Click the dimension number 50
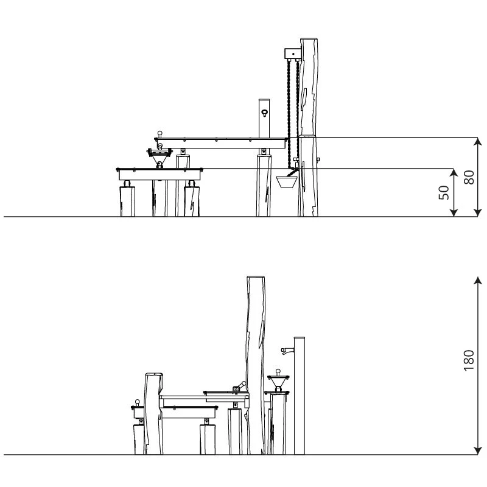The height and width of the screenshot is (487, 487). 444,192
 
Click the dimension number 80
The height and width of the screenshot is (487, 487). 469,177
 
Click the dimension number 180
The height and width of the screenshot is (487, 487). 469,360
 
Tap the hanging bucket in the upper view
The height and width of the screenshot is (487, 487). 287,181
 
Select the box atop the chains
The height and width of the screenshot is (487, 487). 293,54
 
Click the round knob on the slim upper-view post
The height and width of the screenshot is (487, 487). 264,113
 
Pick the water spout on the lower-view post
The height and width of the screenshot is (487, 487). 287,351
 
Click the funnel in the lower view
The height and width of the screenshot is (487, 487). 278,382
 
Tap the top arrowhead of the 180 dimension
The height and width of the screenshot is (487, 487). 478,280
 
